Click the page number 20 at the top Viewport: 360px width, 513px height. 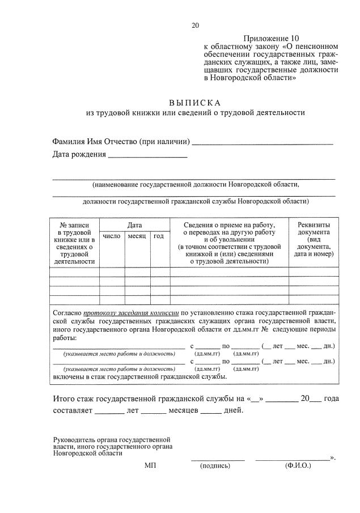click(x=196, y=25)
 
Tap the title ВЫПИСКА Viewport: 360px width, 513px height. click(x=195, y=103)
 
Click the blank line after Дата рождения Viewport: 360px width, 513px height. click(x=147, y=155)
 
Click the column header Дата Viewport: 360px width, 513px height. click(x=134, y=225)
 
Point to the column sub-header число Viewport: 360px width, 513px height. click(x=112, y=236)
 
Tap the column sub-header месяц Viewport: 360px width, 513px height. click(x=137, y=236)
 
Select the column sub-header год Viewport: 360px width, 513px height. click(x=159, y=236)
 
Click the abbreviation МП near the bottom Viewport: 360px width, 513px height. click(x=150, y=465)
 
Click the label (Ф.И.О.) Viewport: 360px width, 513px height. click(x=298, y=466)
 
